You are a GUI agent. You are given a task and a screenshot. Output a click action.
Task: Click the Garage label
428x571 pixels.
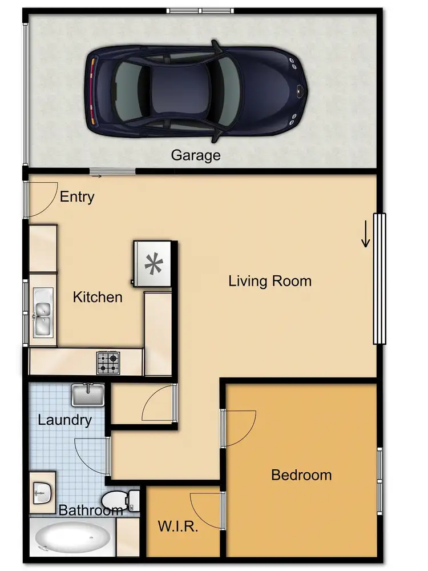(x=196, y=155)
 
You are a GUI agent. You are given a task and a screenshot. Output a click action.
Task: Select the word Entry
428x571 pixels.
(x=77, y=198)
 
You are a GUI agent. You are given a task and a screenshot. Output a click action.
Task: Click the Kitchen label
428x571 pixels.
(x=98, y=297)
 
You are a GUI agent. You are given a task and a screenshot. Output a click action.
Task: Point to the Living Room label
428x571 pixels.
(x=270, y=281)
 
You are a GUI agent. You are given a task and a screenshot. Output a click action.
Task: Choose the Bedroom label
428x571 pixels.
(x=301, y=475)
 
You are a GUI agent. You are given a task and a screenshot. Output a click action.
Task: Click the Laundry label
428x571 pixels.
(x=64, y=421)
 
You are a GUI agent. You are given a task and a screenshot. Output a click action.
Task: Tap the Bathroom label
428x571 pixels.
(x=91, y=510)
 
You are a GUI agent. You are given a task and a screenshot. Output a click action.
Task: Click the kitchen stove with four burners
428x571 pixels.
(x=108, y=362)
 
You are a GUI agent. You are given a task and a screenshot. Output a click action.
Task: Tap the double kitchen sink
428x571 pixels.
(x=42, y=318)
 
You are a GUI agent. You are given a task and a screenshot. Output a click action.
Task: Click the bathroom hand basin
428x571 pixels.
(x=41, y=490)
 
